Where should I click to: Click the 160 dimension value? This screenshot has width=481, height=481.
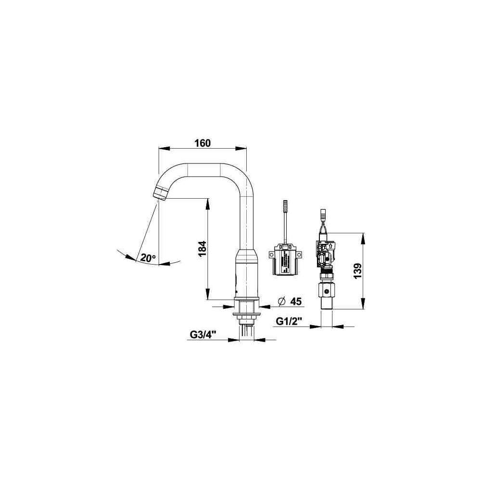203,143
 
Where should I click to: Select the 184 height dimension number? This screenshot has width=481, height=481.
202,249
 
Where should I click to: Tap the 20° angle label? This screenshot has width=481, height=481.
149,258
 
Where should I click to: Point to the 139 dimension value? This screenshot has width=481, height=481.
357,271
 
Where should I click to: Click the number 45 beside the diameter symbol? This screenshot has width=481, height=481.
296,302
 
